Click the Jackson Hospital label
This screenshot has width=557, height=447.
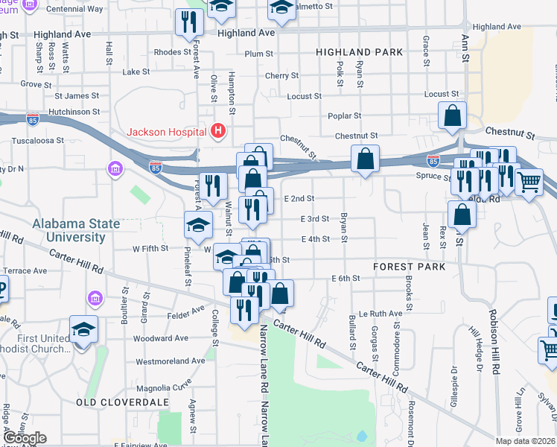166,132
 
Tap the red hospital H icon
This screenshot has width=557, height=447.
217,132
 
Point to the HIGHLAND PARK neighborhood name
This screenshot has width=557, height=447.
359,52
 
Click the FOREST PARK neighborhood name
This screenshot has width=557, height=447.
409,266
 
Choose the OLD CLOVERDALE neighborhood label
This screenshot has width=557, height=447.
112,402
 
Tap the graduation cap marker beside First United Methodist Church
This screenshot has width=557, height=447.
84,329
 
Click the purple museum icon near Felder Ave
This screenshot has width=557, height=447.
95,299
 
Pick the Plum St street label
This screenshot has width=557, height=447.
259,54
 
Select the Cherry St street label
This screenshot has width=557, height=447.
281,75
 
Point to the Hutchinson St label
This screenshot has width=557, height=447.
74,111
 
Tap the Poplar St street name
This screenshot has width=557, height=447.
344,115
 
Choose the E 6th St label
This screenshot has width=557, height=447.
346,278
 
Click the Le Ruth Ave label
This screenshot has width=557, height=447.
375,314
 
